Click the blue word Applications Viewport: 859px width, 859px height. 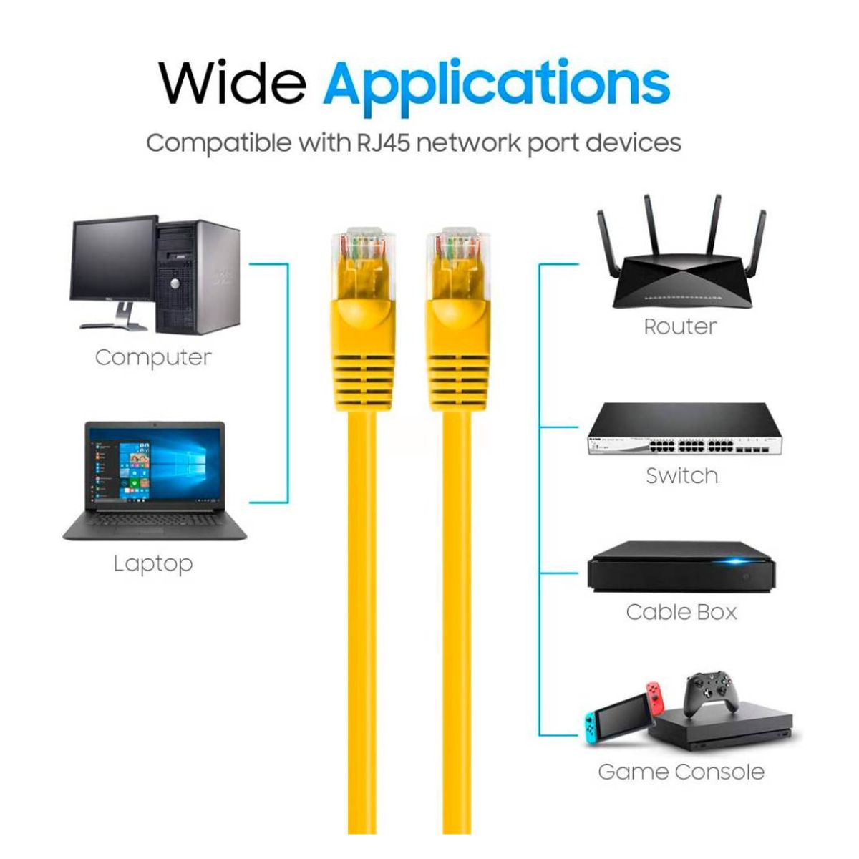(496, 84)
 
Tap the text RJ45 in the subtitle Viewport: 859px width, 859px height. (384, 142)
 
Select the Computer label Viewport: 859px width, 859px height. (153, 357)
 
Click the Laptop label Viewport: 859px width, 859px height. (153, 563)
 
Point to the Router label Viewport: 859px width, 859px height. (679, 326)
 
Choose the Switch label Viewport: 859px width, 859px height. (681, 475)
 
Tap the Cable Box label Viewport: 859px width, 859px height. (681, 612)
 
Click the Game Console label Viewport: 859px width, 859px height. (681, 772)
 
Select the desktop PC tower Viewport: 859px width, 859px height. (197, 276)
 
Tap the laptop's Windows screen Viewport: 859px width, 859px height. (155, 468)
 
